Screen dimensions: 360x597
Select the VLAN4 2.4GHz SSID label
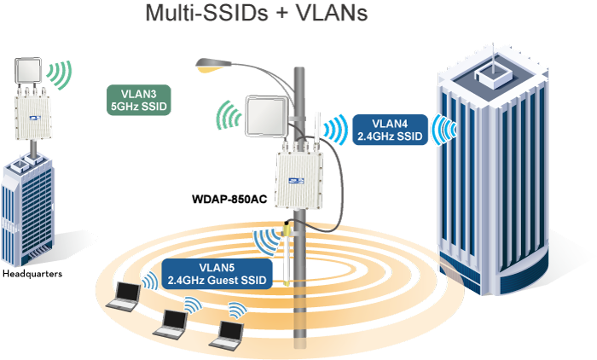point(390,129)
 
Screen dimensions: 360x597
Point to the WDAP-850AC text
point(228,200)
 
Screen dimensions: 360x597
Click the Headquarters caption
point(32,274)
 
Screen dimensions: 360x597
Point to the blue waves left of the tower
point(442,128)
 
